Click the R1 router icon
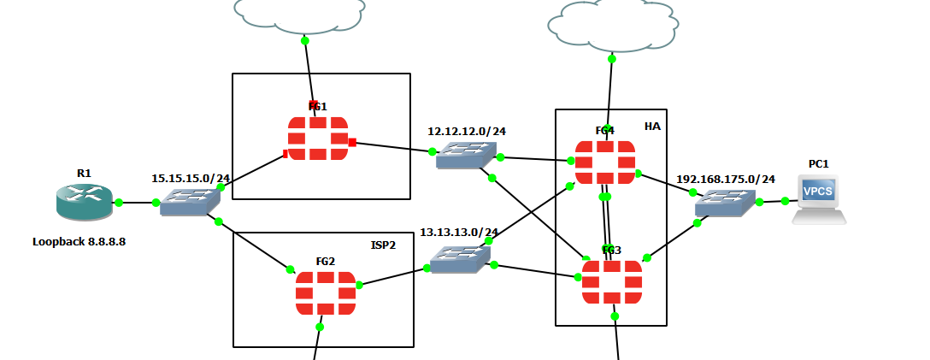(84, 202)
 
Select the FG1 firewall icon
(317, 139)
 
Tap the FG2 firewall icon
(325, 293)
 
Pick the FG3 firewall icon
(611, 282)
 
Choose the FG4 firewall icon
(604, 162)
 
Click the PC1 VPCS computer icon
(818, 199)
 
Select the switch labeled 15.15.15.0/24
(190, 202)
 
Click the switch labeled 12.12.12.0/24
(466, 155)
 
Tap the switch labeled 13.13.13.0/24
(460, 258)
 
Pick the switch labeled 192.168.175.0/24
(725, 204)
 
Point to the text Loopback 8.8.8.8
(79, 242)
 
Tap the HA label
(652, 126)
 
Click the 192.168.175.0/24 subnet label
(726, 179)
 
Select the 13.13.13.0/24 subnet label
(459, 232)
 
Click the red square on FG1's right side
(352, 142)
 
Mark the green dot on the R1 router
(119, 203)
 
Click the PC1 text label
(818, 163)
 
